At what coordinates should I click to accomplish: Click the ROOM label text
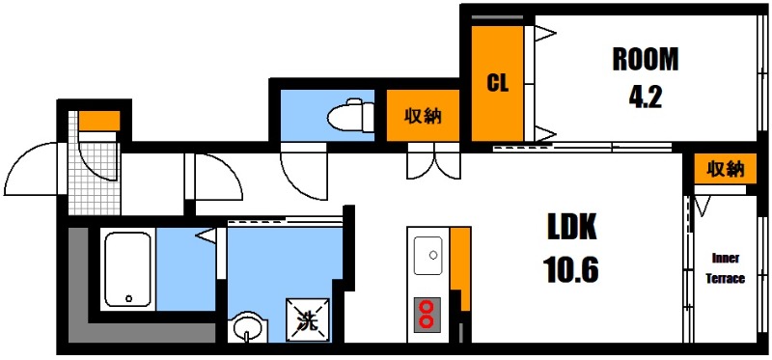point(646,60)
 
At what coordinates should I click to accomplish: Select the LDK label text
point(573,229)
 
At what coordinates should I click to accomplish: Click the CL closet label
point(497,83)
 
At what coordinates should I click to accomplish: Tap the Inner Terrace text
point(727,268)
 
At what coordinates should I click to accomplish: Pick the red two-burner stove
point(426,314)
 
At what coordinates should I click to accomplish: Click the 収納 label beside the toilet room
point(422,117)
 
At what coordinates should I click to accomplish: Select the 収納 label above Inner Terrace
point(725,169)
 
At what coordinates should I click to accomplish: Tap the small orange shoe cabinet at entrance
point(98,121)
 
